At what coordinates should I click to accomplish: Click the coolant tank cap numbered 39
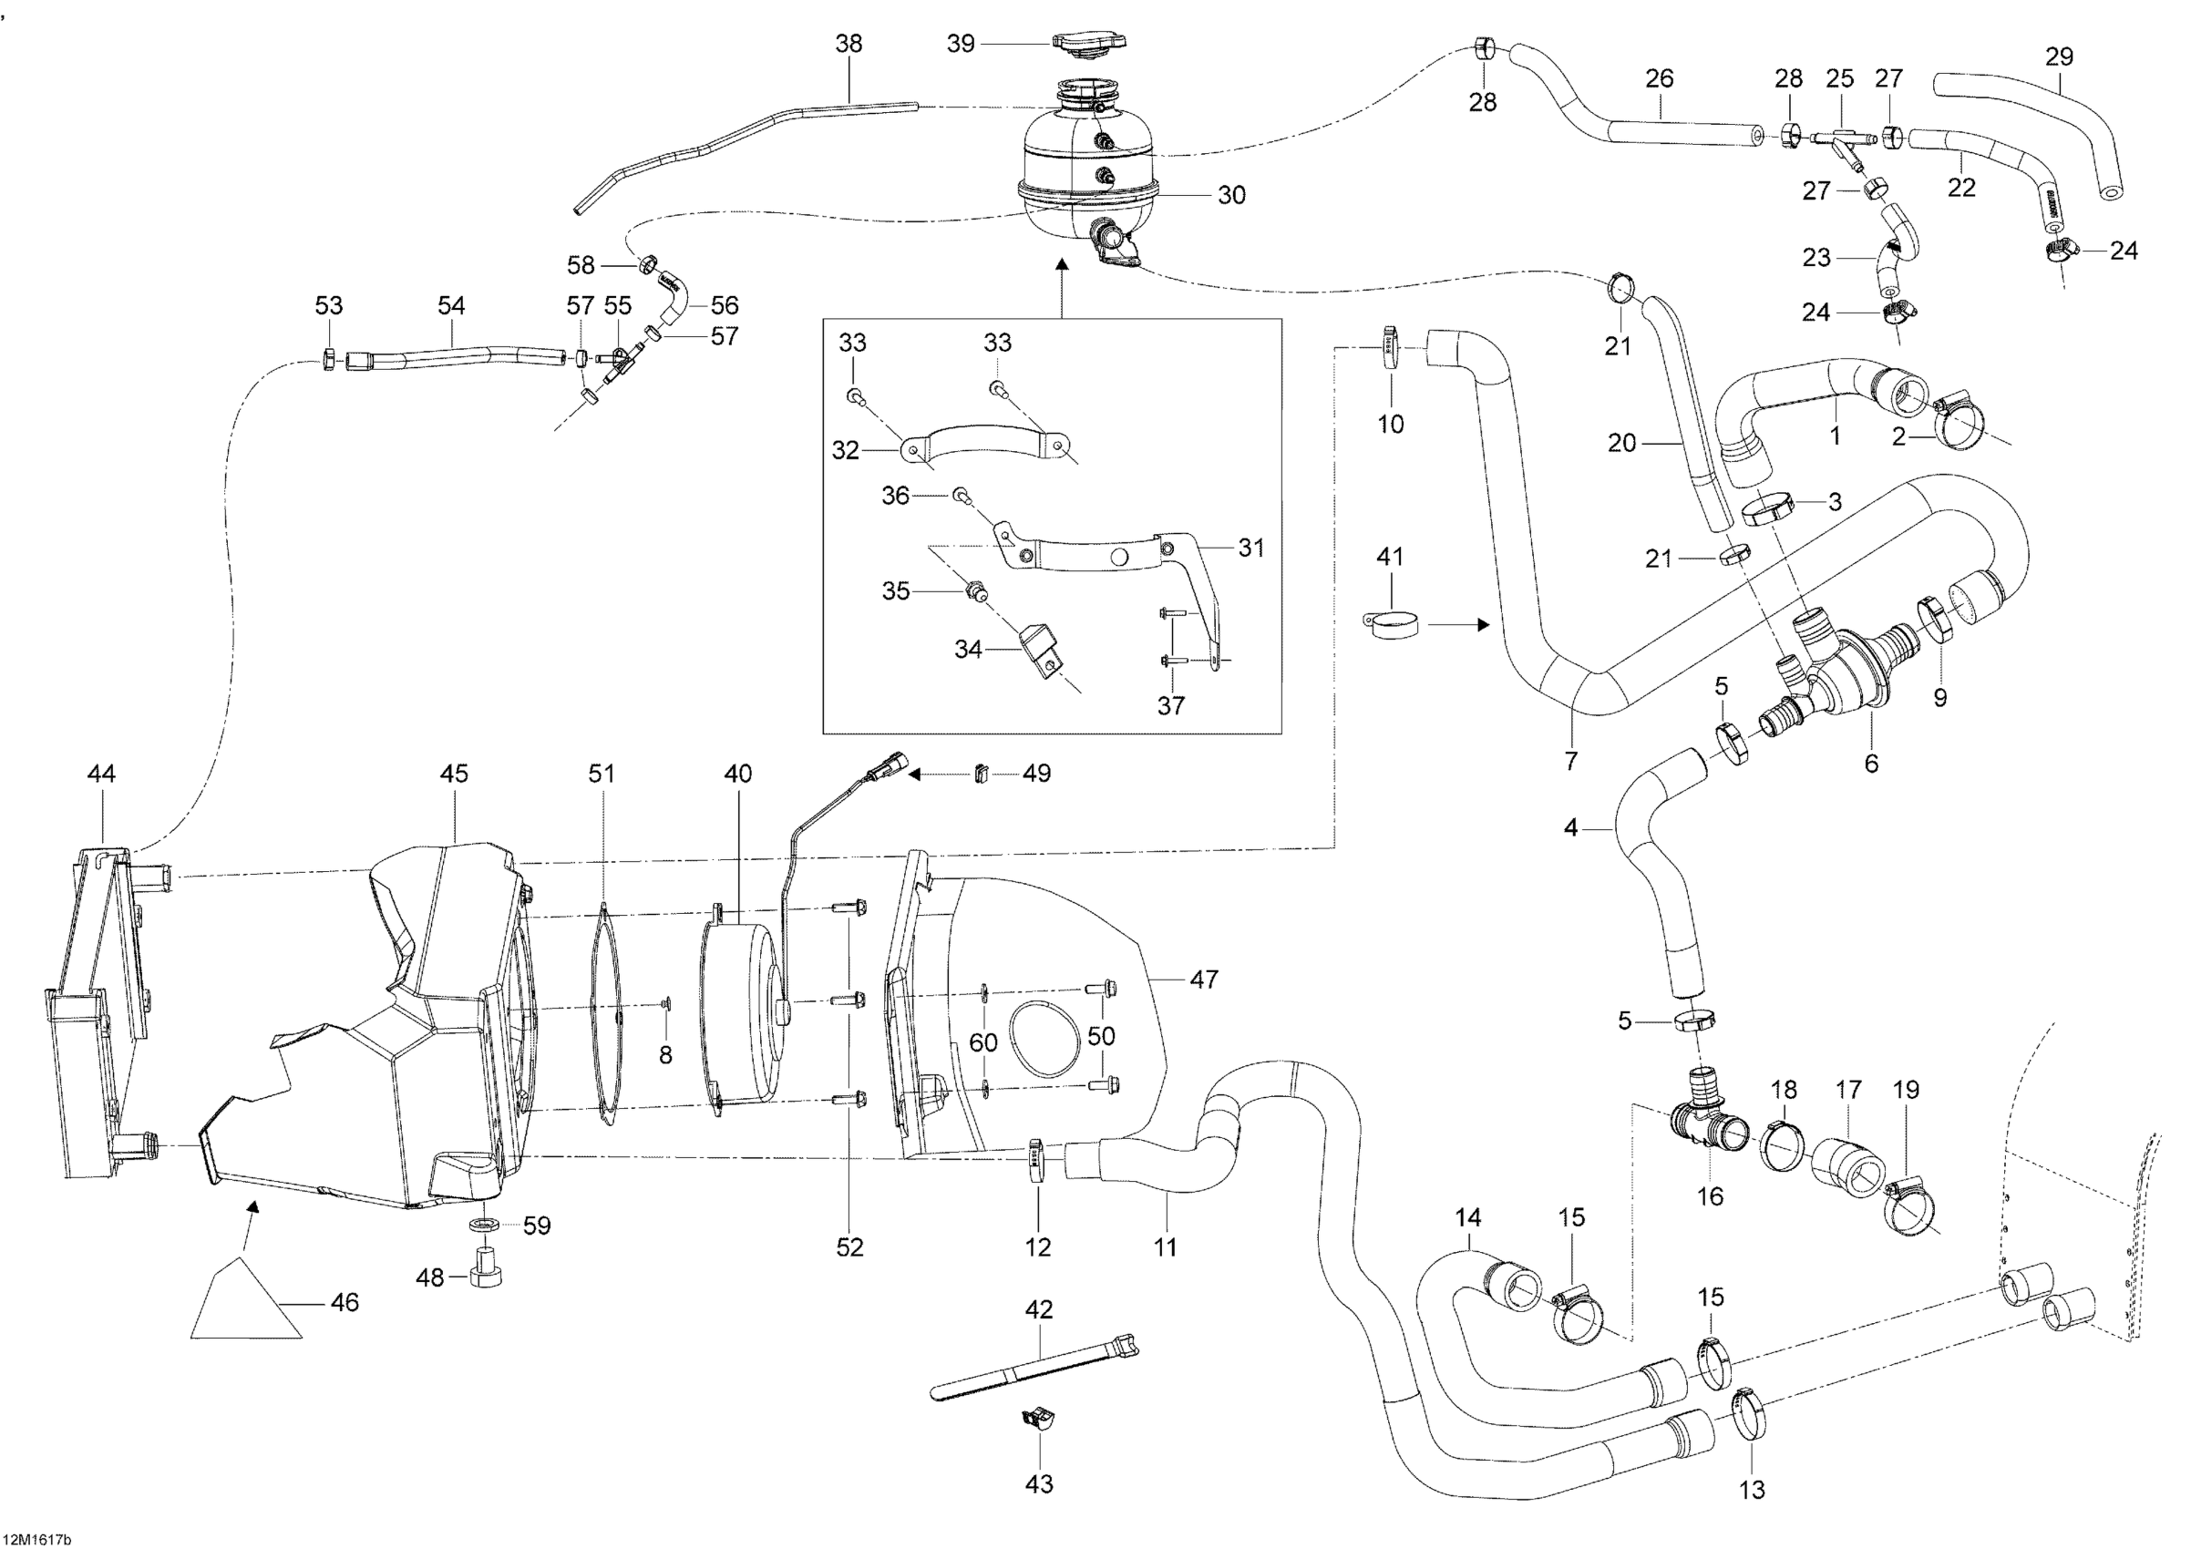coord(1090,42)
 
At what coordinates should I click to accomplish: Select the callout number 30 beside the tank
coord(1232,195)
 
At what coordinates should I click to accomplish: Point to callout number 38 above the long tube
coord(849,43)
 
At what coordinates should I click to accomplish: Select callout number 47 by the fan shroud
coord(1204,979)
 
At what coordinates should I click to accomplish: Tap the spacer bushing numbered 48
coord(488,1267)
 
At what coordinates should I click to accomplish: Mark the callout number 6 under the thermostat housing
coord(1871,763)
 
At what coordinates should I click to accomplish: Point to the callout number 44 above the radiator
coord(101,774)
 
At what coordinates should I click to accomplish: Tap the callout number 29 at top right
coord(2060,56)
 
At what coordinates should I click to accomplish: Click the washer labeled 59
coord(486,1225)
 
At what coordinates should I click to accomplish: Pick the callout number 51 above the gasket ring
coord(602,774)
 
